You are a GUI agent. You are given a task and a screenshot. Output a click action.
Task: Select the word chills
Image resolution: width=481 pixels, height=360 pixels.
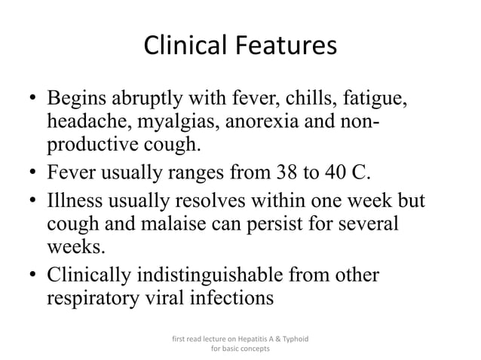pos(320,99)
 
